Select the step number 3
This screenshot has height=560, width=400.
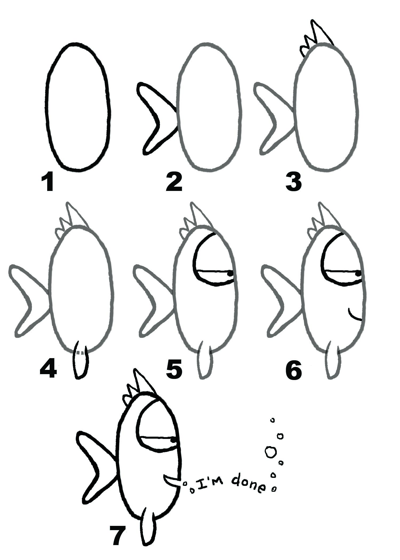click(293, 182)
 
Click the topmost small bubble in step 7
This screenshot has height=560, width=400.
click(272, 420)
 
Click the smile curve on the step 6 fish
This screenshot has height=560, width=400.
click(355, 316)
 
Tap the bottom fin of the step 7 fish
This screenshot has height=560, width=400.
click(147, 529)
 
